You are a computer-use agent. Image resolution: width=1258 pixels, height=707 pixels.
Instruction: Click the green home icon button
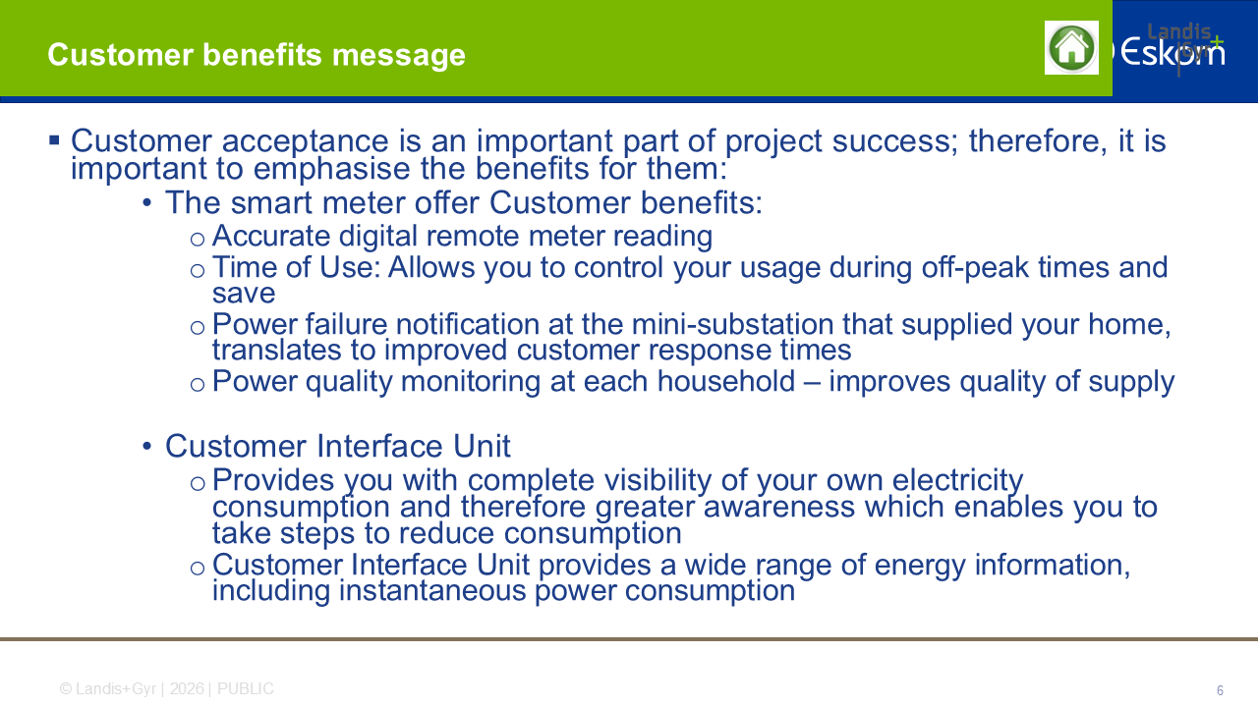[x=1071, y=48]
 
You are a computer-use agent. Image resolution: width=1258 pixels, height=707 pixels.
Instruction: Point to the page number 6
[x=1220, y=690]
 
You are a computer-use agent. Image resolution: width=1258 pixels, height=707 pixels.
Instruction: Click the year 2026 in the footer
[x=187, y=689]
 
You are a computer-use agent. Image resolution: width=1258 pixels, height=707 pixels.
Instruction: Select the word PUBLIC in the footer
[x=246, y=689]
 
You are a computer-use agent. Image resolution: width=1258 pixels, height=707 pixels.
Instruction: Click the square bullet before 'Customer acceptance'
[x=54, y=139]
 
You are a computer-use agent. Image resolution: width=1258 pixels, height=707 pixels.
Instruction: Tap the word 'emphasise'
[x=331, y=168]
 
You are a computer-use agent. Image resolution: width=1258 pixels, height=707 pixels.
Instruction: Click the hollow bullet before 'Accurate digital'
[x=198, y=240]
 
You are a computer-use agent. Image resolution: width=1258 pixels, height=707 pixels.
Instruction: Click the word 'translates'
[x=277, y=351]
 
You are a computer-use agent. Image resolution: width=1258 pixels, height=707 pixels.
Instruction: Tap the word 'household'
[x=726, y=382]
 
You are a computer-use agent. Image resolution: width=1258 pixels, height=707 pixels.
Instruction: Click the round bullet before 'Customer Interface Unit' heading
[x=147, y=447]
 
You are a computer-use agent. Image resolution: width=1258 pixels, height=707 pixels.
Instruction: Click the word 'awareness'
[x=778, y=508]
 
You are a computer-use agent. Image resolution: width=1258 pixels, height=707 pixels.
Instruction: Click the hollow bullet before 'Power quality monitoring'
[x=198, y=385]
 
